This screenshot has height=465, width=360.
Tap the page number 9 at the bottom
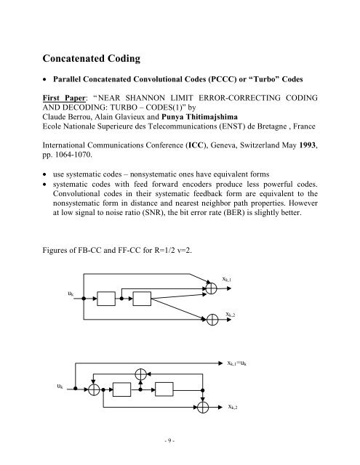click(x=179, y=445)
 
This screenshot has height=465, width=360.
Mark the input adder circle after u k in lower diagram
click(x=93, y=389)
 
